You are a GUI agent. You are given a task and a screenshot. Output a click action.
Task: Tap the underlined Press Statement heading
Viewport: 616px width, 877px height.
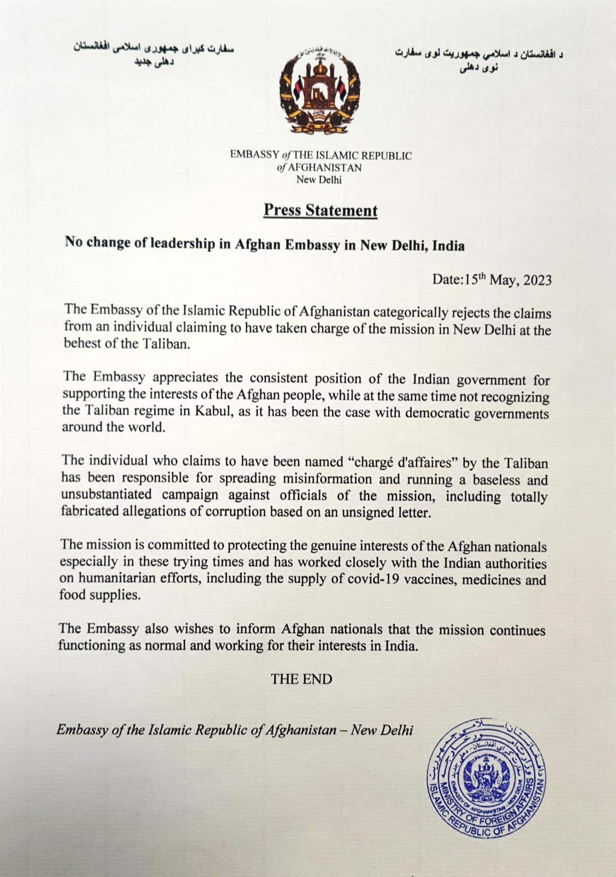pyautogui.click(x=321, y=210)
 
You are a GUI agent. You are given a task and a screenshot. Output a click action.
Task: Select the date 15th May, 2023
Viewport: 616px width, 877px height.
pyautogui.click(x=492, y=280)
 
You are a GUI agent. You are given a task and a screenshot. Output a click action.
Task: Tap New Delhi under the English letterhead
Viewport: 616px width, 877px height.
pyautogui.click(x=319, y=180)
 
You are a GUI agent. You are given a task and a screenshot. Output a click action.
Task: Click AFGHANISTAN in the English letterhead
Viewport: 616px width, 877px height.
pyautogui.click(x=324, y=168)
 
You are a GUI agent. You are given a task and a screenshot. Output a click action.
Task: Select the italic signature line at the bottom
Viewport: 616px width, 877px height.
pyautogui.click(x=235, y=730)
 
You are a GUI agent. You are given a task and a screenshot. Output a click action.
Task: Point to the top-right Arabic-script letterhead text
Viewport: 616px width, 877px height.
pyautogui.click(x=479, y=60)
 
